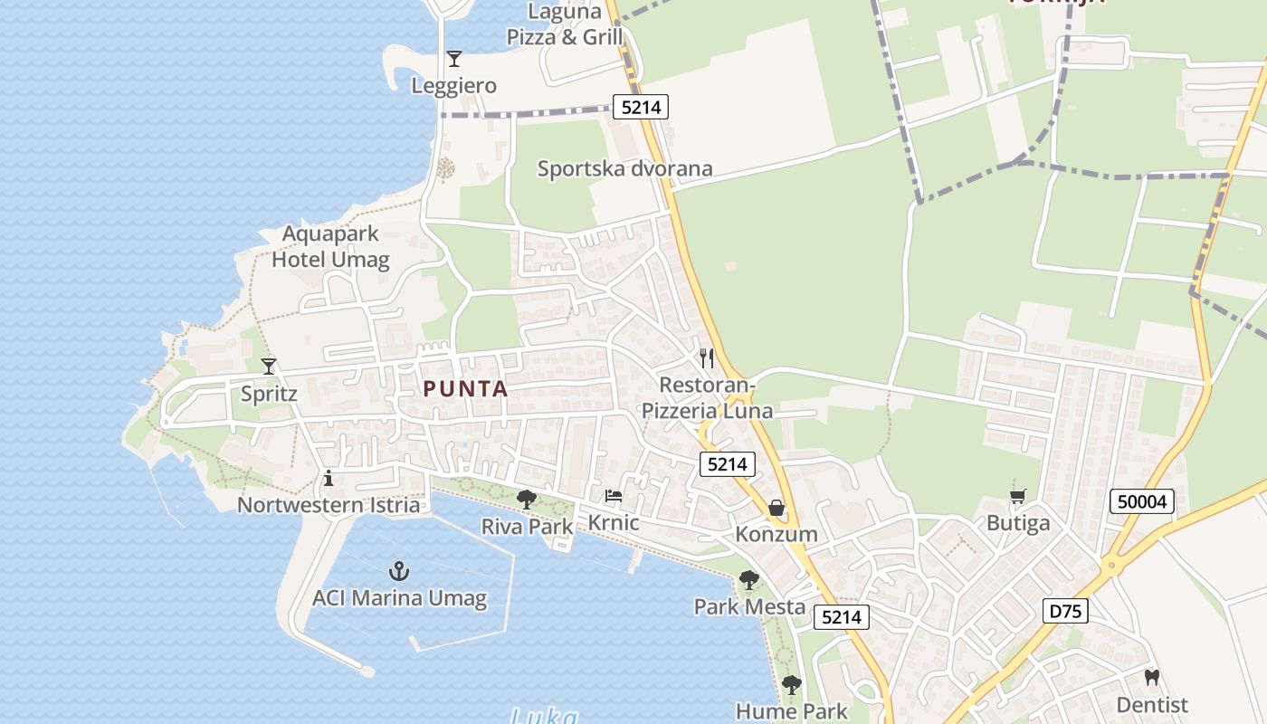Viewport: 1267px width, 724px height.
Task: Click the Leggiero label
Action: click(x=454, y=86)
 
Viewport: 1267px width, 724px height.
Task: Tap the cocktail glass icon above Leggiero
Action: click(x=454, y=59)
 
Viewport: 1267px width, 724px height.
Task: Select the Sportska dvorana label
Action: click(x=625, y=168)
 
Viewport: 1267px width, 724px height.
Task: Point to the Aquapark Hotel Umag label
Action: click(x=330, y=247)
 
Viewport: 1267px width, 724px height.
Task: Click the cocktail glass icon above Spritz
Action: click(x=269, y=367)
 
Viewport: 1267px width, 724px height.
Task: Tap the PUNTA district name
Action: click(x=466, y=389)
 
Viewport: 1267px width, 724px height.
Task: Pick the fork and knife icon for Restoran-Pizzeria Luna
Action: click(x=707, y=358)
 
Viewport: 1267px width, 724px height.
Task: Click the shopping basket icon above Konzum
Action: click(x=776, y=508)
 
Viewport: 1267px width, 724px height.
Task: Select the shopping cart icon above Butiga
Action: click(x=1018, y=496)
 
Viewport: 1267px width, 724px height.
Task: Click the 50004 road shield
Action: click(x=1141, y=501)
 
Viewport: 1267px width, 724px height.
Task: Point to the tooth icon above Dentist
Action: click(x=1152, y=677)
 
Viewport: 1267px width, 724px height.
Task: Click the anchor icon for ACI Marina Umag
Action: click(x=399, y=571)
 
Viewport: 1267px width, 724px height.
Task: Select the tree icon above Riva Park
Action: click(x=527, y=499)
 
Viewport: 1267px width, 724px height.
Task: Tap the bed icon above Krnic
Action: click(x=614, y=496)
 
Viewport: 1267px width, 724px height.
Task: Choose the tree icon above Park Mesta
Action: click(x=748, y=579)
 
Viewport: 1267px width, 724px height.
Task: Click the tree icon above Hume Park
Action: click(x=792, y=684)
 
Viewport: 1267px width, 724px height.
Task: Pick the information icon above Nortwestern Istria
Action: click(x=329, y=478)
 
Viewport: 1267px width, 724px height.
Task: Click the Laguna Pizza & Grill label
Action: click(x=566, y=24)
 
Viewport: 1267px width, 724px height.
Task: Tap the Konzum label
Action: click(x=776, y=534)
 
